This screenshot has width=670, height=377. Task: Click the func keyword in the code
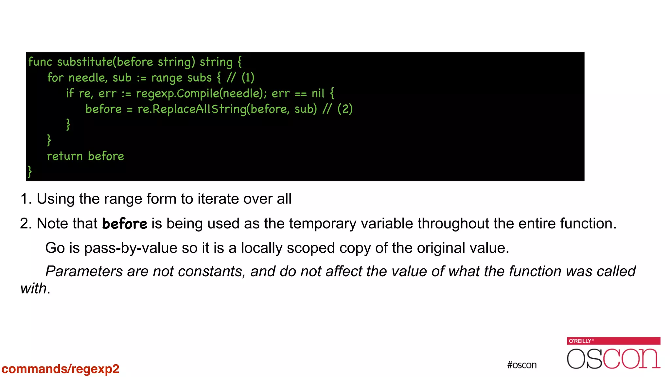40,62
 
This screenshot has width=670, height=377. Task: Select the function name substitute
85,62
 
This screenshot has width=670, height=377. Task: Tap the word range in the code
167,78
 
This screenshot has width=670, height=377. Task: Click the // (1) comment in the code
240,78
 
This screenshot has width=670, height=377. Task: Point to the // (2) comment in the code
338,109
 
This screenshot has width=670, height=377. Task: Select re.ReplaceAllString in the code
192,109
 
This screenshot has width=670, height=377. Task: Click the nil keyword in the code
318,94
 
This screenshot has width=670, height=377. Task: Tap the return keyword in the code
65,156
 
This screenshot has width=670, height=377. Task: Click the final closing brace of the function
30,171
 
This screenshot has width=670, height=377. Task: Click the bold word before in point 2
125,224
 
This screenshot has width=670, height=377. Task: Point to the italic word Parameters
84,271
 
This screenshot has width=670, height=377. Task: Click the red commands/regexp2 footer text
61,369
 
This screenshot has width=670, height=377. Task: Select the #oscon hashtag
522,365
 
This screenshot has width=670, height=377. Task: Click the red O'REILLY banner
613,341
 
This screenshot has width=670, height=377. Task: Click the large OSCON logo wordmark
613,359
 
